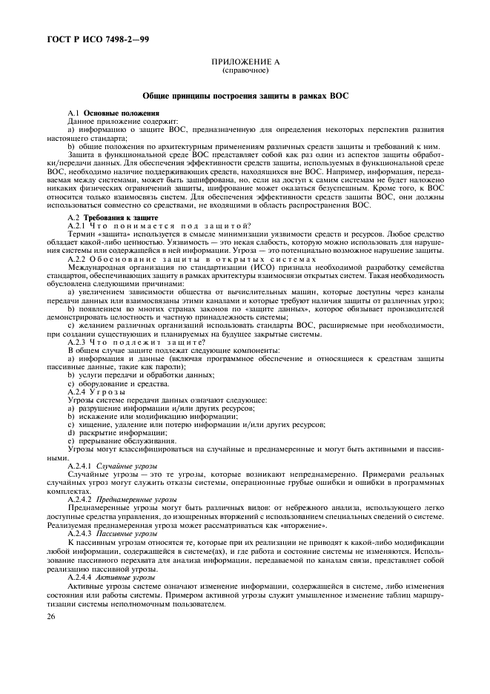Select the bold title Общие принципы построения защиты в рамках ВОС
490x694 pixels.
[245, 96]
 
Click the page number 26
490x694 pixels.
[50, 616]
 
